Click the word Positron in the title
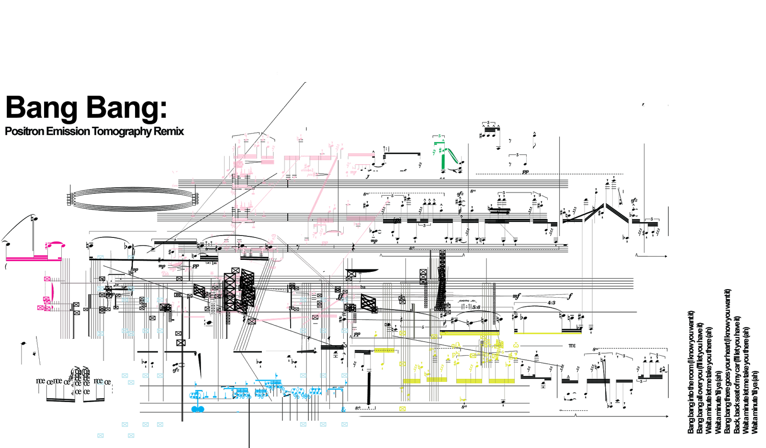[x=24, y=131]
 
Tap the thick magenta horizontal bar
[x=34, y=258]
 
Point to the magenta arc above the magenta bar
[x=56, y=244]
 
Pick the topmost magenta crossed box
[x=47, y=279]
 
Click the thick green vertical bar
[x=443, y=158]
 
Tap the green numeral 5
[x=439, y=136]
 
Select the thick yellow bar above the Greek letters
[x=469, y=333]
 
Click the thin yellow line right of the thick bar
[x=548, y=333]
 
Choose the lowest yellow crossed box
[x=402, y=409]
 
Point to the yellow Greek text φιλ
[x=456, y=345]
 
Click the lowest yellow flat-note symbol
[x=462, y=399]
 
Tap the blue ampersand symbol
[x=343, y=410]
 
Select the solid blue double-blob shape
[x=198, y=409]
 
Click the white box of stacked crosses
[x=213, y=307]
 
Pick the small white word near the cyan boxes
[x=353, y=287]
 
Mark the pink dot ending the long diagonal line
[x=388, y=202]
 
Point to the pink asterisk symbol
[x=212, y=273]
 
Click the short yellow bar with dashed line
[x=384, y=350]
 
